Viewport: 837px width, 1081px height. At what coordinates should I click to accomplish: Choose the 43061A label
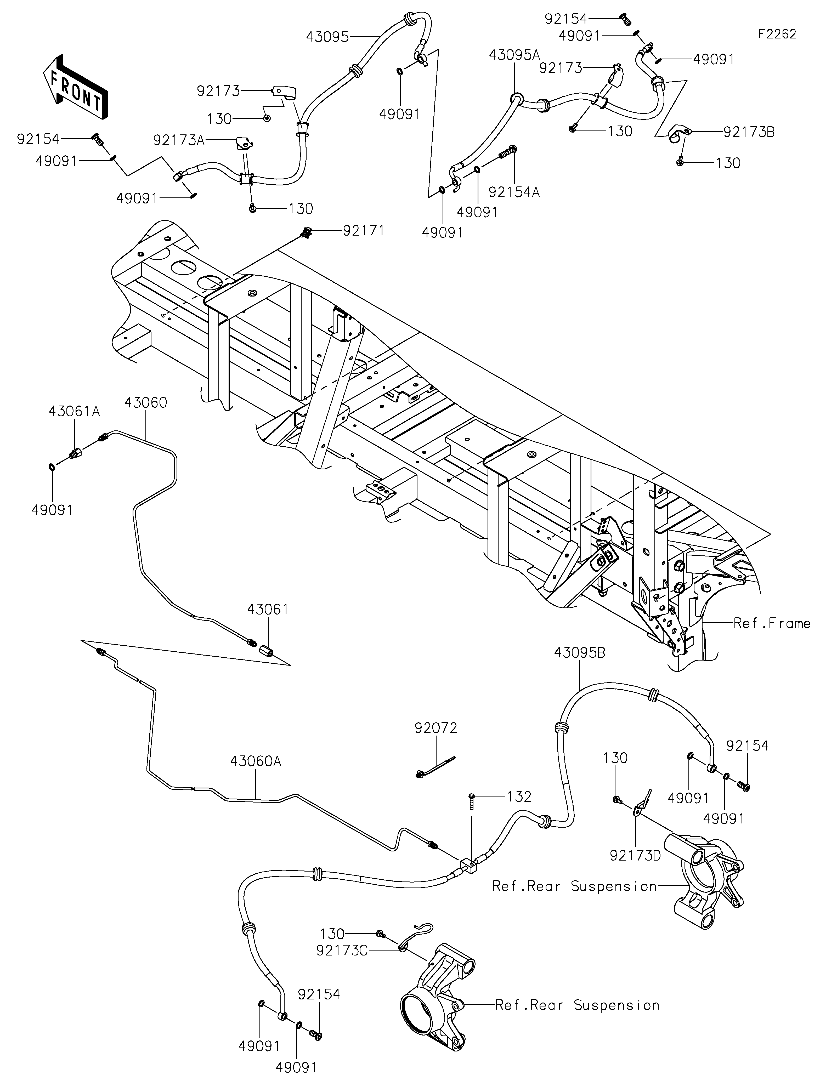[x=74, y=411]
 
